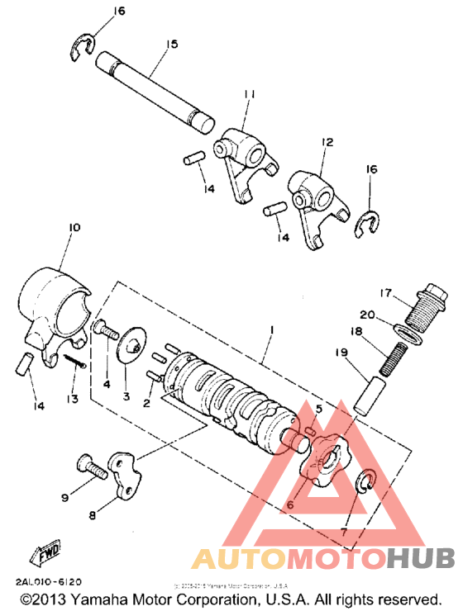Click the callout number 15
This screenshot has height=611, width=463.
coord(171,43)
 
